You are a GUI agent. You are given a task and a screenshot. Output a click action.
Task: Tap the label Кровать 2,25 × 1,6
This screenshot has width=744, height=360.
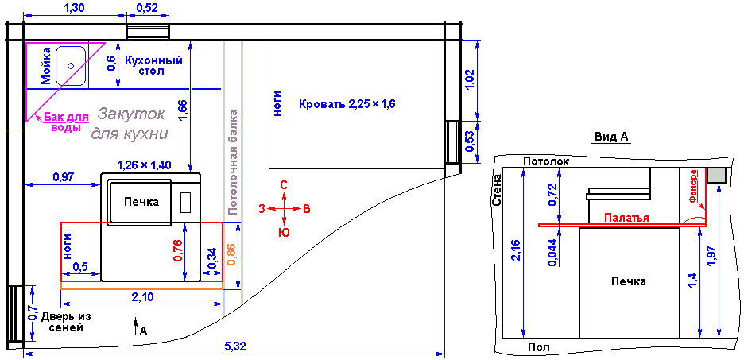click(347, 104)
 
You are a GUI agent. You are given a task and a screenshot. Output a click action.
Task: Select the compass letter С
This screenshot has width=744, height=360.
click(283, 185)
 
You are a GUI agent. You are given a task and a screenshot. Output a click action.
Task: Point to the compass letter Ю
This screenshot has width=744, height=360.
click(284, 233)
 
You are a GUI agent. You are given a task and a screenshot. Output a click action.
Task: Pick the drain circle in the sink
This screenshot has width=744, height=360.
click(71, 65)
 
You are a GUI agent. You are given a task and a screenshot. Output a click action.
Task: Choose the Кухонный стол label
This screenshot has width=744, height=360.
click(153, 66)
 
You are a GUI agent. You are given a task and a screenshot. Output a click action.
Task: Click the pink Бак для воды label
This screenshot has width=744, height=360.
click(67, 123)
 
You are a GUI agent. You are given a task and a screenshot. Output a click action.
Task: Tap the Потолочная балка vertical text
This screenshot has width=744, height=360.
click(232, 163)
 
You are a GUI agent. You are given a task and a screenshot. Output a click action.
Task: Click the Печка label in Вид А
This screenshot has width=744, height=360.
click(629, 282)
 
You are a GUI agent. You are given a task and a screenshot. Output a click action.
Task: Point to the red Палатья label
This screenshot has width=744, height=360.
click(626, 219)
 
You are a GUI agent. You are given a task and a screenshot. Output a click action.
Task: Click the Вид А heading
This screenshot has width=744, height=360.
click(611, 137)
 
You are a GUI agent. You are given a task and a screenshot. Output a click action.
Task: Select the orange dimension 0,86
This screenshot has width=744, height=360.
click(231, 256)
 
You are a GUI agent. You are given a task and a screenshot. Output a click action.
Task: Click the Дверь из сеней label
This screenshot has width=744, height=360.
click(66, 322)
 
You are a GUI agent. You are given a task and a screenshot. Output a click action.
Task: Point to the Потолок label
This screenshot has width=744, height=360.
click(545, 161)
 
